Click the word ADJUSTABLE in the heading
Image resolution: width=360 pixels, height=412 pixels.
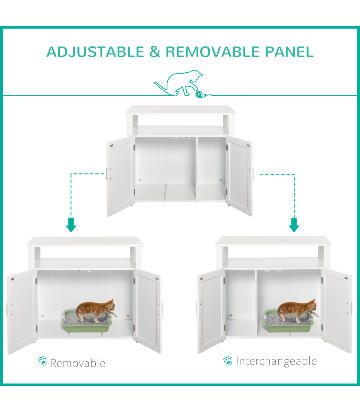tap(95, 52)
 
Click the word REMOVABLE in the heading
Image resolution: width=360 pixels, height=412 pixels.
tap(213, 52)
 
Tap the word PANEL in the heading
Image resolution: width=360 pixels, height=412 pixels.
tap(289, 52)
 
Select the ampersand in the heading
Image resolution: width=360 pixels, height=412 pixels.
tap(155, 52)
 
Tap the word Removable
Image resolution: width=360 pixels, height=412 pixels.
tap(78, 363)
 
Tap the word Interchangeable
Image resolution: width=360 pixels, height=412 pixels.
tap(276, 361)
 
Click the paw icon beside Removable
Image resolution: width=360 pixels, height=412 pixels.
tap(42, 361)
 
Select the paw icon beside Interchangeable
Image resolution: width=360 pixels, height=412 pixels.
tap(227, 361)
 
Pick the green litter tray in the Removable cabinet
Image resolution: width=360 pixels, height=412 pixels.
tap(87, 324)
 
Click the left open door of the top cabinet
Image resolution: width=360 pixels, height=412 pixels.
tap(120, 176)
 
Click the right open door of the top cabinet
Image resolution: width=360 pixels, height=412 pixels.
tap(240, 176)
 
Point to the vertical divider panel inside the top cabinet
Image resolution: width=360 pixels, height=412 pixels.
tap(196, 169)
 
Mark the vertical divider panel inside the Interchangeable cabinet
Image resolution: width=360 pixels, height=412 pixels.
tap(257, 303)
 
